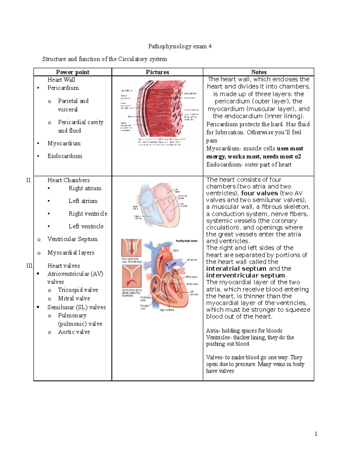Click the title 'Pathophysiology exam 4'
click(x=180, y=46)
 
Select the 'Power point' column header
click(x=73, y=72)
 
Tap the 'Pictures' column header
click(x=157, y=72)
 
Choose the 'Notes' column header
click(x=259, y=72)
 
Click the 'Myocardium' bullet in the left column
click(x=64, y=143)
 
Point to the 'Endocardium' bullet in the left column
click(x=65, y=156)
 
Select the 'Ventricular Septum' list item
click(x=72, y=239)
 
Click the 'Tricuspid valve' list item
click(x=78, y=290)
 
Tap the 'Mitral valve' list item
click(x=74, y=299)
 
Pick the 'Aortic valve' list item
click(x=74, y=332)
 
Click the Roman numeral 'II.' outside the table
click(x=29, y=180)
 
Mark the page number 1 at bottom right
click(x=316, y=434)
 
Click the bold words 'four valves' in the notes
click(x=259, y=193)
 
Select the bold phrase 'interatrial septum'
click(x=236, y=269)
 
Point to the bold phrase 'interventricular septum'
click(x=246, y=275)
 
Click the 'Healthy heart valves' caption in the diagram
click(x=187, y=241)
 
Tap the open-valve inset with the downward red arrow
click(x=131, y=248)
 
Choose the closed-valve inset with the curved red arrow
click(x=131, y=276)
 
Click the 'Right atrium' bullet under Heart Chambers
click(x=85, y=188)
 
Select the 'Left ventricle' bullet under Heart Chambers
click(x=86, y=227)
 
